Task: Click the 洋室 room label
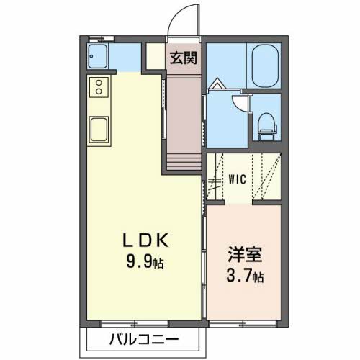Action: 242,255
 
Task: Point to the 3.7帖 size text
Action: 243,276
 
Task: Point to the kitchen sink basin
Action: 99,131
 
